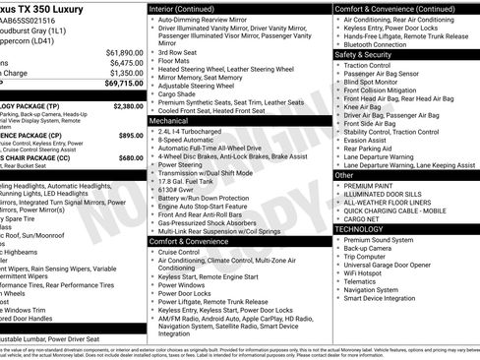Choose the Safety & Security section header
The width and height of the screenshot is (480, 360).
[363, 54]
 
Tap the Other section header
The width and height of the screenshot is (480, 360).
[343, 175]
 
